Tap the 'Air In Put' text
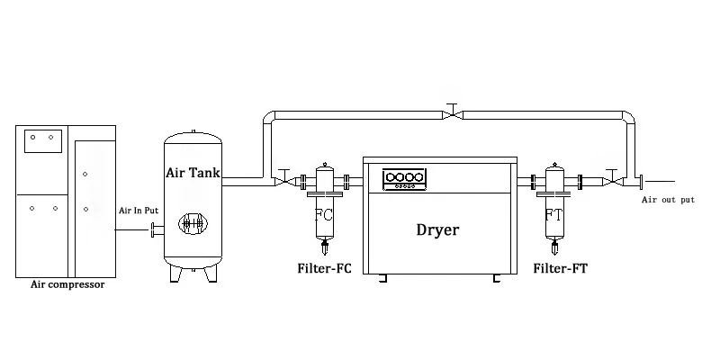pos(139,211)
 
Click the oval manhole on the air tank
pos(190,226)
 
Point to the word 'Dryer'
pos(437,229)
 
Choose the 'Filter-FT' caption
pos(561,268)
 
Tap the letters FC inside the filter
pos(325,216)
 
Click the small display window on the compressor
pos(40,139)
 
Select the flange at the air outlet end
pos(639,182)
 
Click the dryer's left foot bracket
pos(383,280)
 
